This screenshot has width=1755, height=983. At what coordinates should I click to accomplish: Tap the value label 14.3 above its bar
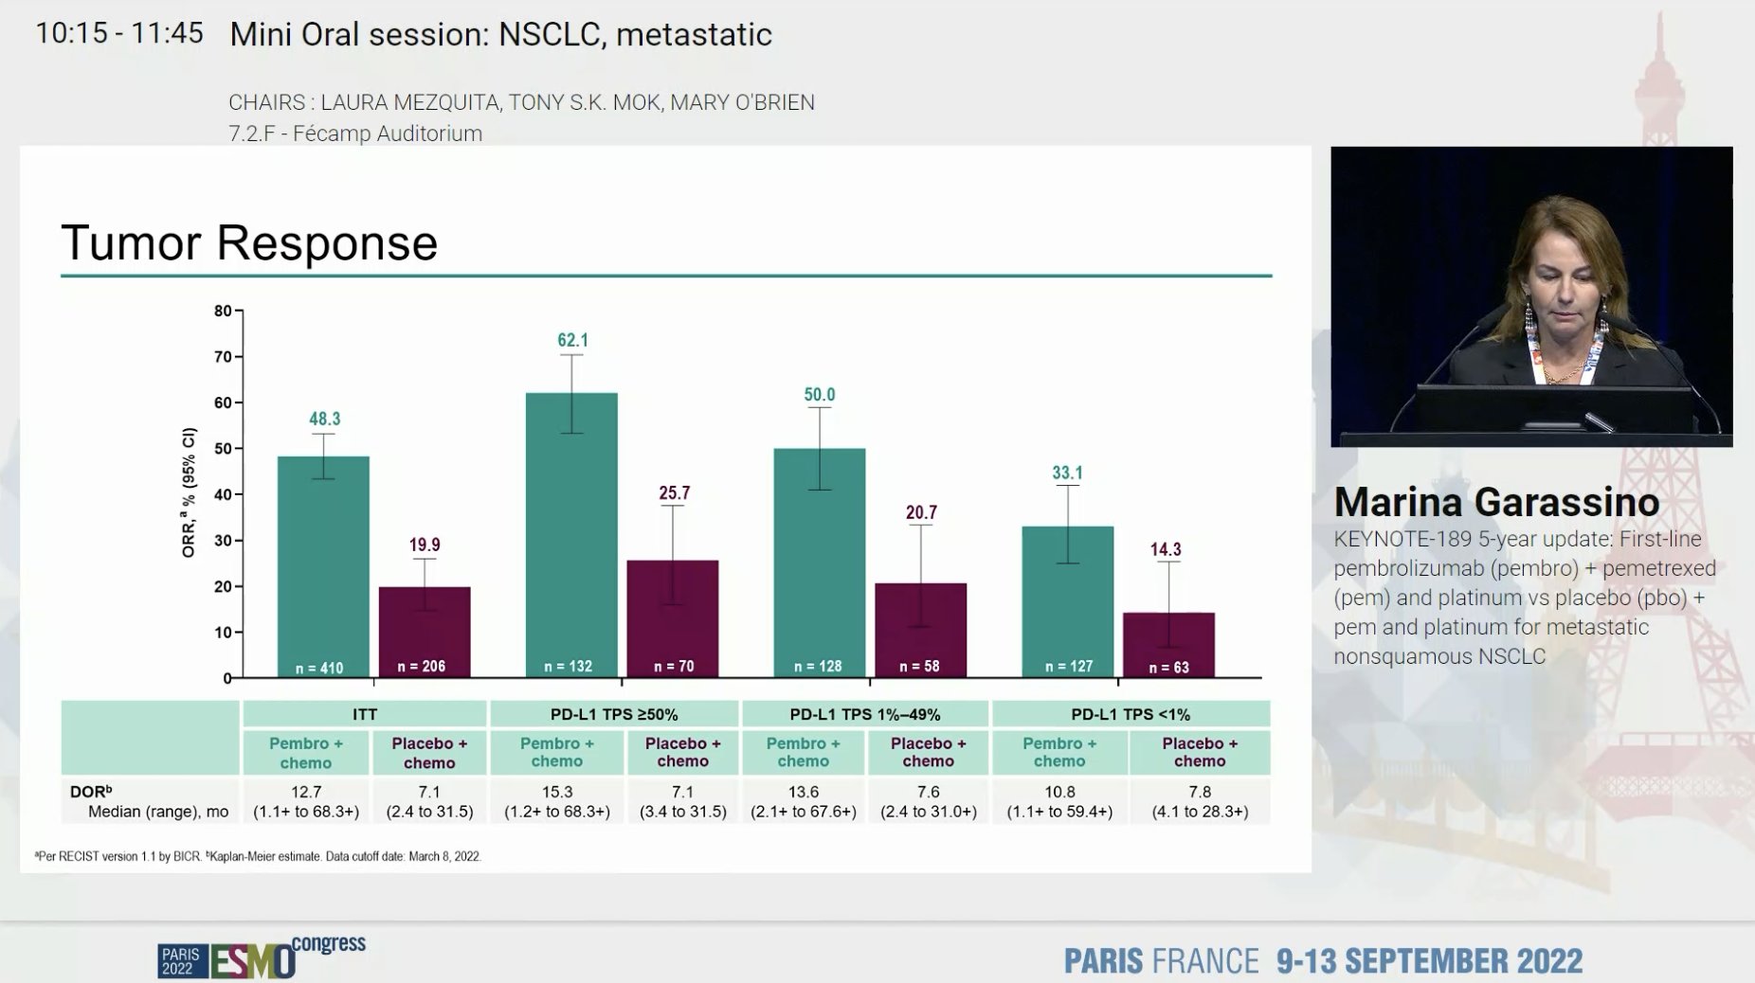pos(1165,549)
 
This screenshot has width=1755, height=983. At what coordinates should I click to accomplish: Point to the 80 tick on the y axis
pos(223,311)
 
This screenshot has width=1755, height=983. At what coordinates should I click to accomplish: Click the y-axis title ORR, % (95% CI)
pos(189,492)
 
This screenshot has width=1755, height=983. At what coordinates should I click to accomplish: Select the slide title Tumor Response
pos(249,242)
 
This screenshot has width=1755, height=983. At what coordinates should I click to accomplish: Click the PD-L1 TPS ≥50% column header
pos(613,714)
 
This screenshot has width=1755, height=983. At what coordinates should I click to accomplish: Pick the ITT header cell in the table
pos(365,714)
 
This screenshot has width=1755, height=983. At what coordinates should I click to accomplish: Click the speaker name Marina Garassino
pos(1496,502)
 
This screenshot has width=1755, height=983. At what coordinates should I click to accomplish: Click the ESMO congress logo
pos(262,958)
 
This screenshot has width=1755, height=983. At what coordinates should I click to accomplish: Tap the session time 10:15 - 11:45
pos(119,33)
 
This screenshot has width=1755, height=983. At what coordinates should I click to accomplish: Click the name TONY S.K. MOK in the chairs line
pos(584,102)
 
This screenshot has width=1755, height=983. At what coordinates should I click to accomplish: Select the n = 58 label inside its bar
pos(919,666)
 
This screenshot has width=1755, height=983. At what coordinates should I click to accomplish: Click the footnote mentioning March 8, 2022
pos(258,856)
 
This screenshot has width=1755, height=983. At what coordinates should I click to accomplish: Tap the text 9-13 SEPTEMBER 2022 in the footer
pos(1429,960)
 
